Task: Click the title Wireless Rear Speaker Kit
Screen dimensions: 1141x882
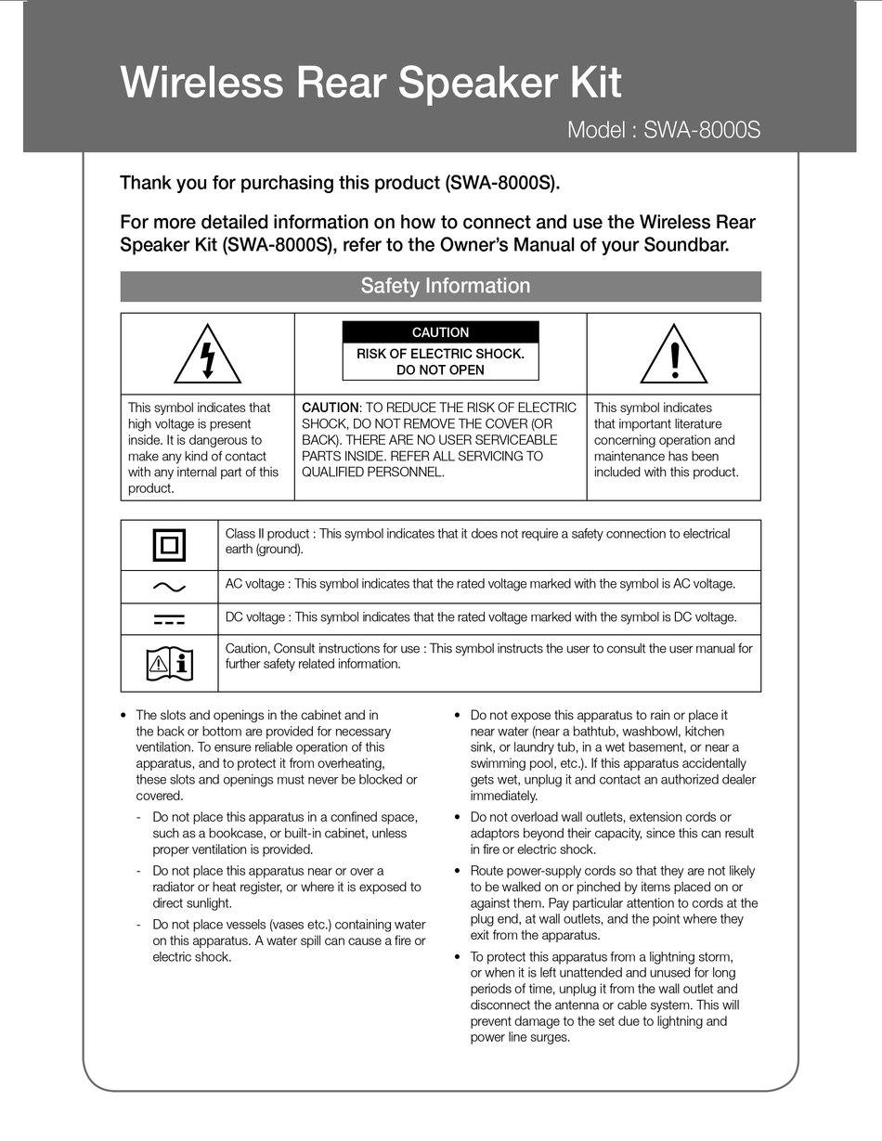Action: pos(370,83)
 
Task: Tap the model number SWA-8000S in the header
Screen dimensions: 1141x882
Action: pos(702,130)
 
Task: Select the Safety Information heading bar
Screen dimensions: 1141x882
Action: pos(441,286)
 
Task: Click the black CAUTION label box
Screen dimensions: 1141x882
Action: pos(441,332)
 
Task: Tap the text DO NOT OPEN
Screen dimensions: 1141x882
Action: pos(441,370)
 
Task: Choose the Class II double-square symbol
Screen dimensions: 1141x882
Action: pos(169,545)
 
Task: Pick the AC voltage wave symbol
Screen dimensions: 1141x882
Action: pos(169,587)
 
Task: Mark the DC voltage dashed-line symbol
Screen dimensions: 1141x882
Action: pos(169,619)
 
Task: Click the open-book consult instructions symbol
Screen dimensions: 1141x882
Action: pos(169,663)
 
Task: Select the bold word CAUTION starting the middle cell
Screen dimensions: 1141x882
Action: pos(330,408)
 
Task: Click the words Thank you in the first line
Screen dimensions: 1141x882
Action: pos(153,183)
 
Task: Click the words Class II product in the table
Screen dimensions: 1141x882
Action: pos(268,534)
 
